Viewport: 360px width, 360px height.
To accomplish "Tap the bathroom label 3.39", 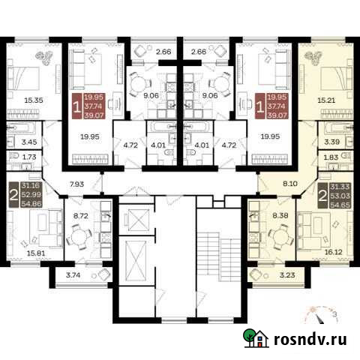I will tap(329, 141).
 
